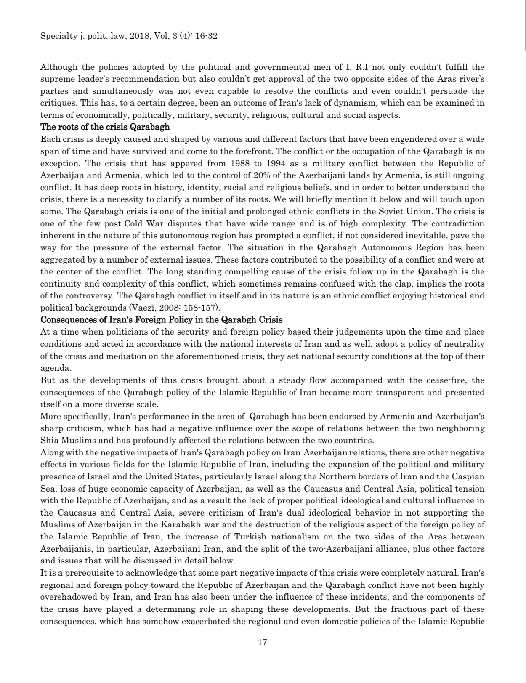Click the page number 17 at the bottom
pos(262,643)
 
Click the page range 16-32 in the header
pos(207,36)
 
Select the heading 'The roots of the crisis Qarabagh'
pos(105,127)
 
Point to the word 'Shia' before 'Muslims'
pos(50,441)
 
